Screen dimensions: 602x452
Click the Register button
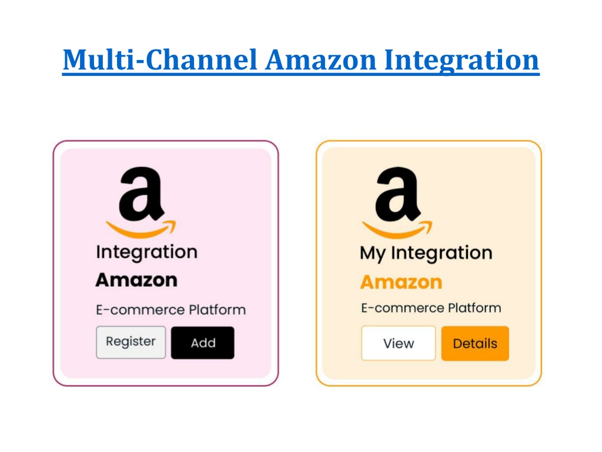point(131,343)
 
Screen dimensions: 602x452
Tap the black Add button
point(203,343)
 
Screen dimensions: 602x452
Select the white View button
point(399,343)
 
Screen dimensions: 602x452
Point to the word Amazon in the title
point(321,60)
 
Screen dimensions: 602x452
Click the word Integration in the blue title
point(462,61)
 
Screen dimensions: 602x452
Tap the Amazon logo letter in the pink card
point(142,194)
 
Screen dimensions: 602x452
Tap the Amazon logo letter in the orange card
point(398,194)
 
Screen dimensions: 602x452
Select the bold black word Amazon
point(136,280)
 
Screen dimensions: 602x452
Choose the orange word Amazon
point(401,282)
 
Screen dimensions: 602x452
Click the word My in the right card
point(372,254)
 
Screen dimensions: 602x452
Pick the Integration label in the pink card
point(146,252)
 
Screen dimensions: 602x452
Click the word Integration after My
point(442,253)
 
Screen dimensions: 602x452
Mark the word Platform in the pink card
point(218,310)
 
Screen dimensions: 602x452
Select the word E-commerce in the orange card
point(403,308)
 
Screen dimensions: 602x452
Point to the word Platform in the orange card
point(474,307)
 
